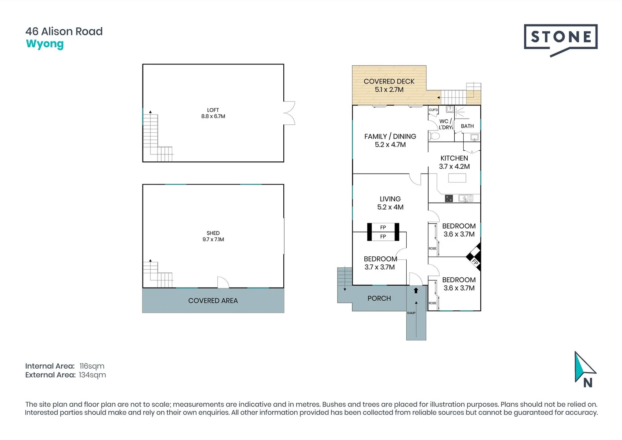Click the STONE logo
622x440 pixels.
[561, 38]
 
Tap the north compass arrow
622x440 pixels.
[583, 368]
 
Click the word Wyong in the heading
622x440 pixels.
[45, 44]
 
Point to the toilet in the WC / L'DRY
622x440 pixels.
[434, 136]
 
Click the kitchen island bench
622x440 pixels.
[457, 178]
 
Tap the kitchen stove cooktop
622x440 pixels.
[449, 198]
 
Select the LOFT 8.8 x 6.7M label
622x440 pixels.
[213, 113]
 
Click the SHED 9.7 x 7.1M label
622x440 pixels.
[213, 236]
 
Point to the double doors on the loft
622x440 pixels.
[289, 113]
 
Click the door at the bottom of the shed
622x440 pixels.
[223, 283]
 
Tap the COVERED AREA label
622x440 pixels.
[213, 301]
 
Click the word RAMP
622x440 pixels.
[411, 313]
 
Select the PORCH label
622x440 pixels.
[379, 298]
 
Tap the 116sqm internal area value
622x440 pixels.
[92, 366]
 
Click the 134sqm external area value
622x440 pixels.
[92, 375]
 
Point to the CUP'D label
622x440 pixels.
[433, 110]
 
